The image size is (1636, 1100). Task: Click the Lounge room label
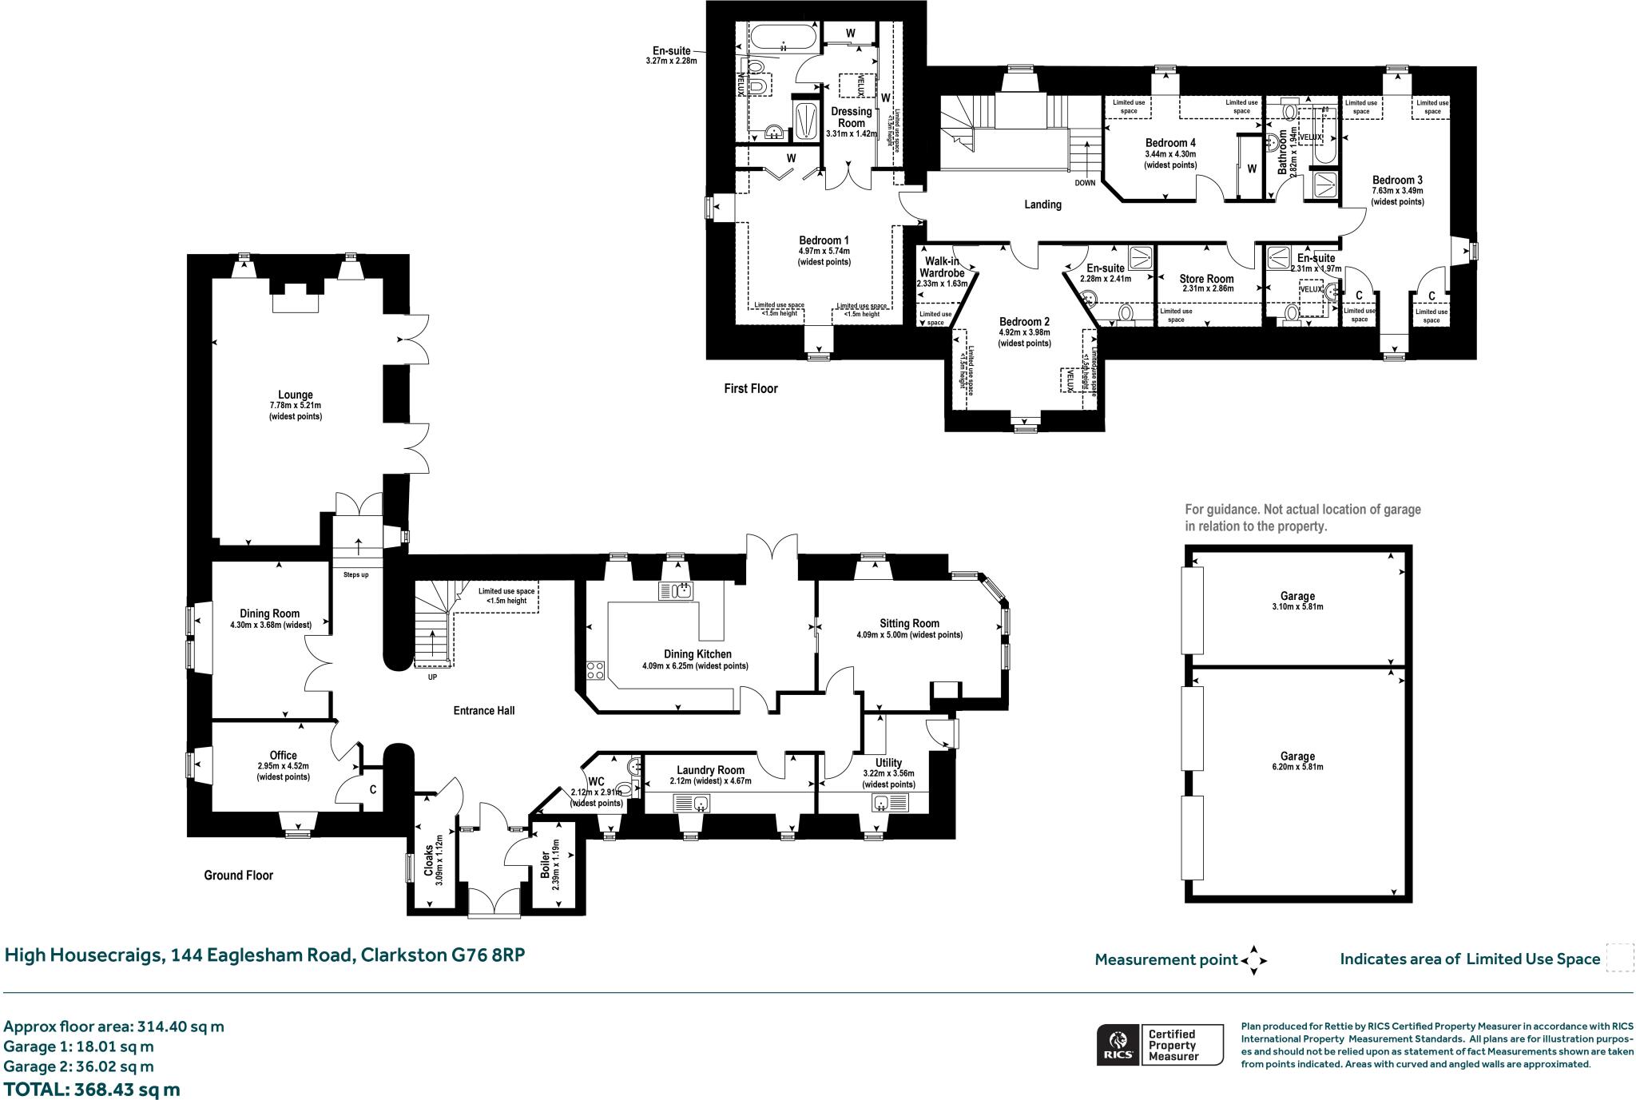(x=295, y=395)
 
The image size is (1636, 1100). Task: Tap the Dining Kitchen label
(x=697, y=654)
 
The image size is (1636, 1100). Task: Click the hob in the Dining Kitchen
(x=595, y=669)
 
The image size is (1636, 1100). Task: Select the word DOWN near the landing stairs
(x=1085, y=183)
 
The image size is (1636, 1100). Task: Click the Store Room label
(x=1206, y=279)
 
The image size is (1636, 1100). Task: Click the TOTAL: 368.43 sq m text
(x=92, y=1089)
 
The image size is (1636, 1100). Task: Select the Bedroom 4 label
(x=1170, y=143)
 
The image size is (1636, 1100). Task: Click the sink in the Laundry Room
(x=692, y=803)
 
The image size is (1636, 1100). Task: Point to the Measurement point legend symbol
(x=1253, y=960)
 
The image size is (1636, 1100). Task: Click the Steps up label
(x=355, y=574)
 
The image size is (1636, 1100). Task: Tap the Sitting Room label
(x=909, y=623)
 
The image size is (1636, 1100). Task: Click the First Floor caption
(x=750, y=388)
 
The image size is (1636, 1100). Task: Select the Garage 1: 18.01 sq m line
(x=78, y=1046)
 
